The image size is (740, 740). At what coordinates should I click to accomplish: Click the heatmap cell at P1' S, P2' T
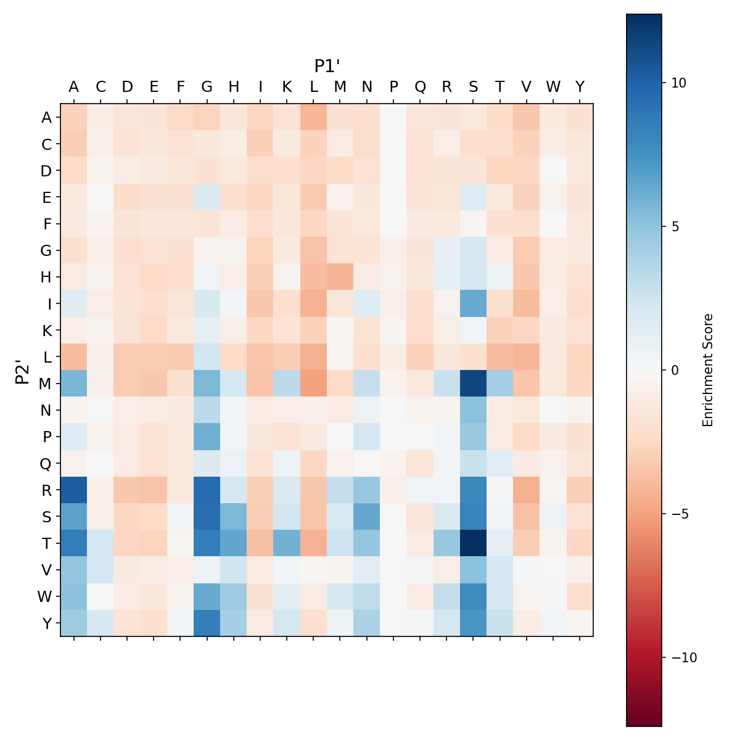pyautogui.click(x=473, y=543)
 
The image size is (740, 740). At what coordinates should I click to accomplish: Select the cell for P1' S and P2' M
pyautogui.click(x=473, y=383)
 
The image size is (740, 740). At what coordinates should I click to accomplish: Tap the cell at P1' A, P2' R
pyautogui.click(x=74, y=490)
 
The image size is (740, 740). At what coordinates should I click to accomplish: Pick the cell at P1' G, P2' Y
pyautogui.click(x=207, y=623)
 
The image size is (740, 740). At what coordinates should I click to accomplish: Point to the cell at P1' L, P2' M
pyautogui.click(x=313, y=383)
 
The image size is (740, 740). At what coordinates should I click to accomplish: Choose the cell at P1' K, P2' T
pyautogui.click(x=287, y=543)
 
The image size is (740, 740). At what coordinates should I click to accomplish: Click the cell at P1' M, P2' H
pyautogui.click(x=340, y=277)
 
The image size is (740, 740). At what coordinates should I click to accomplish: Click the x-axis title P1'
pyautogui.click(x=327, y=66)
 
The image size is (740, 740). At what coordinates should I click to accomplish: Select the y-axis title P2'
pyautogui.click(x=23, y=371)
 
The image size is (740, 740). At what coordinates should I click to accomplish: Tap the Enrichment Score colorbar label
pyautogui.click(x=708, y=370)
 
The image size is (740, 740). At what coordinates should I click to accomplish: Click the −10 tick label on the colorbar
pyautogui.click(x=681, y=657)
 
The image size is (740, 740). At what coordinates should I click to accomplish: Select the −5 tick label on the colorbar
pyautogui.click(x=679, y=514)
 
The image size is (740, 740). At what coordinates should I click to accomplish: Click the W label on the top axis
pyautogui.click(x=553, y=87)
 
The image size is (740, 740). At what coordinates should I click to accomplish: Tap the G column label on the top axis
pyautogui.click(x=207, y=87)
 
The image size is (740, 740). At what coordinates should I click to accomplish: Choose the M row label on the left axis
pyautogui.click(x=46, y=384)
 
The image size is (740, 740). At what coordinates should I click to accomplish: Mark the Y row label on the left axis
pyautogui.click(x=47, y=623)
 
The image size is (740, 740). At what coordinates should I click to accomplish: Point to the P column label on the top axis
pyautogui.click(x=393, y=87)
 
